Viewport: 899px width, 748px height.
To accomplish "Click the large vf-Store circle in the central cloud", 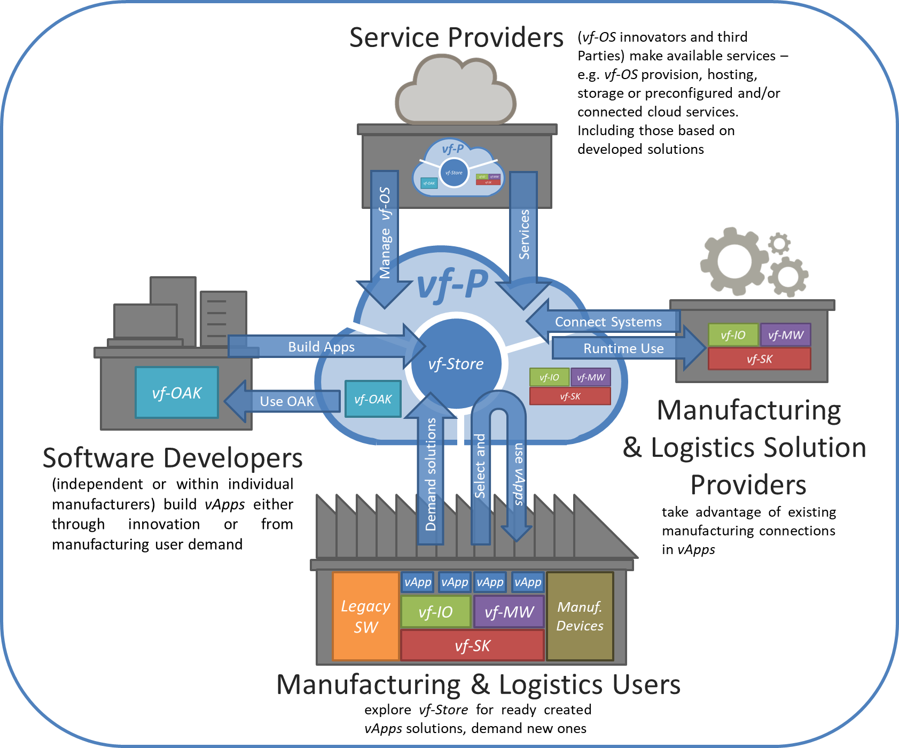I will (456, 364).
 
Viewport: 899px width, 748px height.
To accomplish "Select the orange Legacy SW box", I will (366, 616).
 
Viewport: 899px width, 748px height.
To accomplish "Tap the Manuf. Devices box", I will (580, 616).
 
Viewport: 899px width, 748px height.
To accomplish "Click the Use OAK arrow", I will (286, 401).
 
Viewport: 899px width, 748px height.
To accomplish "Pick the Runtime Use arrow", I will (623, 348).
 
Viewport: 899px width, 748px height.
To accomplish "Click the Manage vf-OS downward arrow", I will (385, 235).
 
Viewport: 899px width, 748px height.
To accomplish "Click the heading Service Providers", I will (456, 37).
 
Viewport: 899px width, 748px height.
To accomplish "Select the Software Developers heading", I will (173, 458).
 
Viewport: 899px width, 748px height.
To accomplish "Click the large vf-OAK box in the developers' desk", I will (177, 393).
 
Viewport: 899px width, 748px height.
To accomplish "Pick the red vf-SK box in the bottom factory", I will (472, 645).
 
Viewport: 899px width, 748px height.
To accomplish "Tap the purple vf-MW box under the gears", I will (785, 335).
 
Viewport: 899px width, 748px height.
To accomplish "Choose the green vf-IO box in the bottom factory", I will (435, 612).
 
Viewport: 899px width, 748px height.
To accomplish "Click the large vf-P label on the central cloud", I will (452, 284).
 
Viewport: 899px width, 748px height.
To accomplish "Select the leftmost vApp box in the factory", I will (417, 582).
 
